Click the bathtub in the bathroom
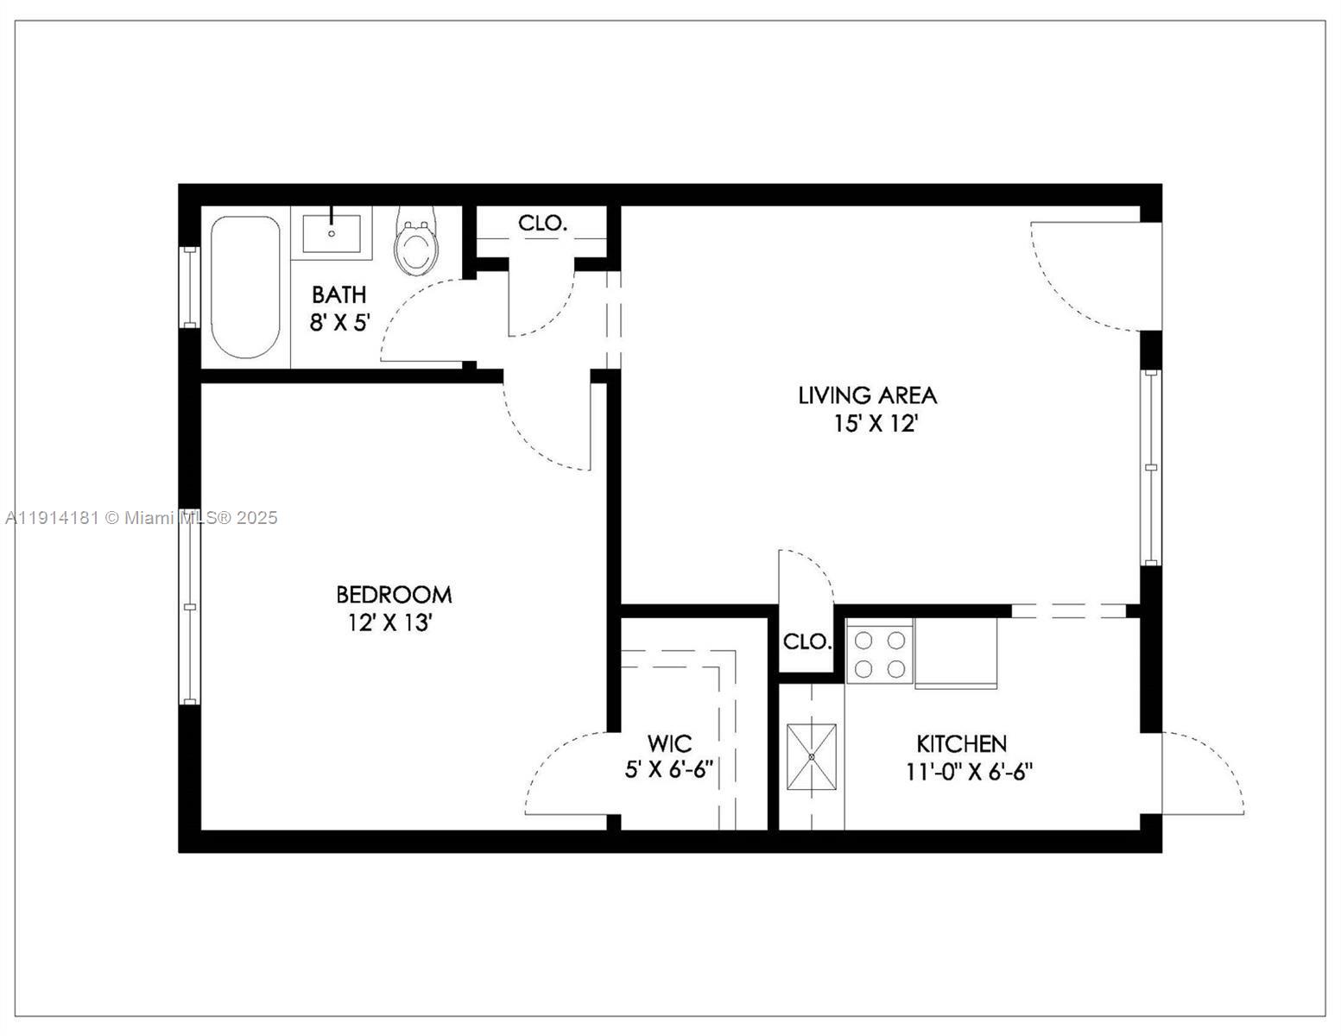point(246,287)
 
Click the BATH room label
point(338,294)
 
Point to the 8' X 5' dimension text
point(339,323)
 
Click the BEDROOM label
point(394,594)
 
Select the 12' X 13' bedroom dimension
point(389,622)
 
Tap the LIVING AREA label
point(867,395)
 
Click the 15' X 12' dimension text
point(874,424)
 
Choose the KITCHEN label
point(961,743)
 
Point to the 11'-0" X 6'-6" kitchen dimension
point(969,772)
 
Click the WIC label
point(669,743)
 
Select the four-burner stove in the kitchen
point(880,654)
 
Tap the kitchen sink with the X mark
point(812,757)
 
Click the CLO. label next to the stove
point(806,642)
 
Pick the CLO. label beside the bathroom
point(542,223)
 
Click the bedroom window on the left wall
point(189,607)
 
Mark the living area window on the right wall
point(1151,467)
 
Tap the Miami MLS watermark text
point(142,518)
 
